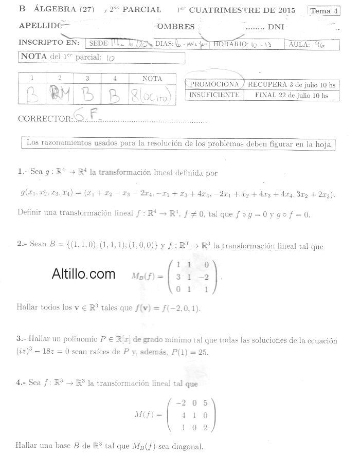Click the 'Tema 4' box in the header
point(325,10)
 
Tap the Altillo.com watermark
point(83,274)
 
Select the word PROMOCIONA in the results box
point(214,84)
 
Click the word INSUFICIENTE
point(214,95)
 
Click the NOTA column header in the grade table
point(152,79)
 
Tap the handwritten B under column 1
point(32,95)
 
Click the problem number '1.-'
point(22,173)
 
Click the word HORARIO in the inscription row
point(230,44)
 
